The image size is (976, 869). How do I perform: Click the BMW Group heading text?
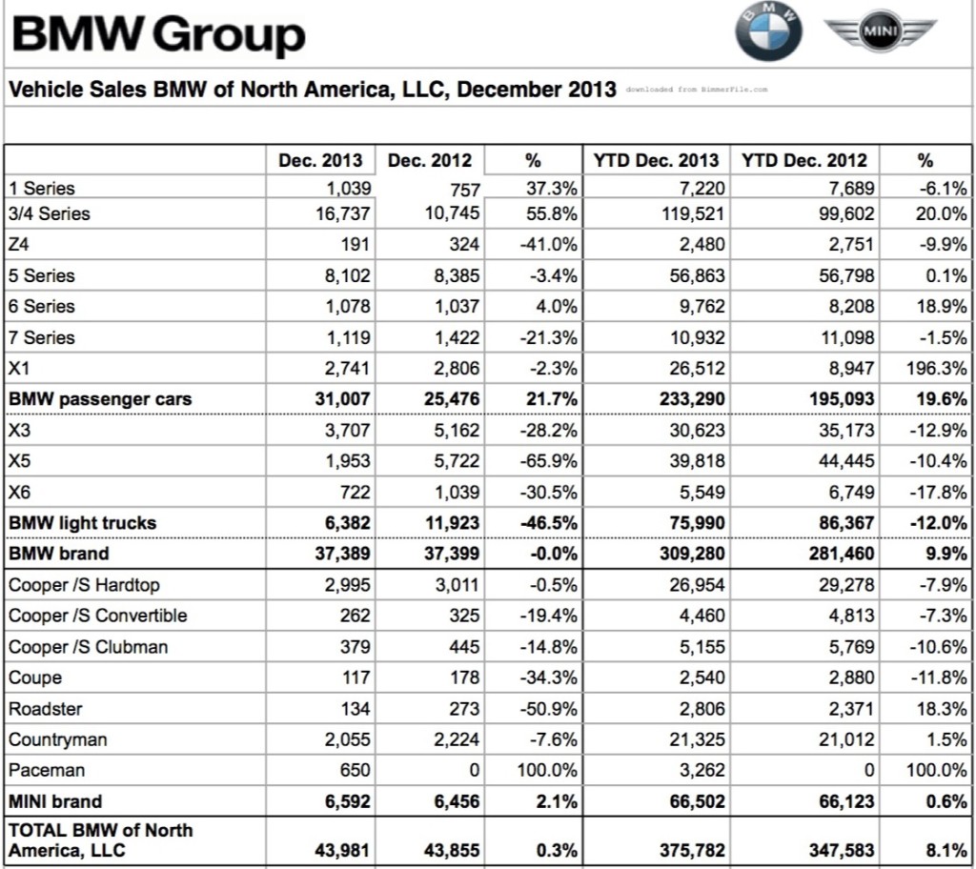[x=157, y=35]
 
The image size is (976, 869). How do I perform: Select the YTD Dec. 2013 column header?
[x=657, y=161]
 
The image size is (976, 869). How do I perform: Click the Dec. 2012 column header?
[x=429, y=161]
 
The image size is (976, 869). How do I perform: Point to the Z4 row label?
[x=19, y=244]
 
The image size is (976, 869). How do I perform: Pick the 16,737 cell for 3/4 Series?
[x=343, y=213]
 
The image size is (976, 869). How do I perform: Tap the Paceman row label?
[x=47, y=770]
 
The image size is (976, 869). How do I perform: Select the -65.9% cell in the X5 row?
[x=550, y=461]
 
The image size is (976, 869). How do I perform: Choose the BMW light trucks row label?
[x=82, y=523]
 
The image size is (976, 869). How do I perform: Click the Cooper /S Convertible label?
[x=98, y=616]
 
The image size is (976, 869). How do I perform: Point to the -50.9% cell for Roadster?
[x=550, y=709]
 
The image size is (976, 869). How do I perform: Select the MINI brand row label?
[x=55, y=801]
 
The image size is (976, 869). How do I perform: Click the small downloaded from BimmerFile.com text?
[x=696, y=90]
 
